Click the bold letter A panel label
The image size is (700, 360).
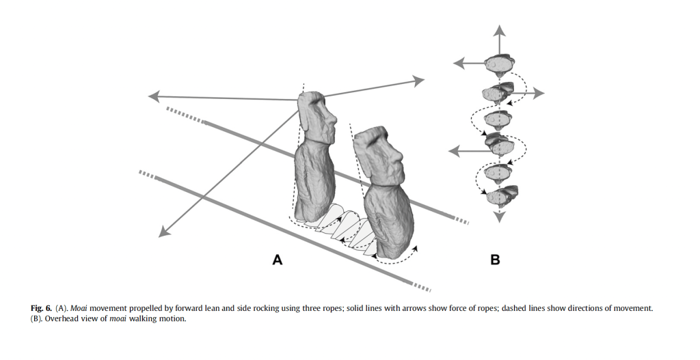point(277,259)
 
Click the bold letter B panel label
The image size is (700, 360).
point(495,260)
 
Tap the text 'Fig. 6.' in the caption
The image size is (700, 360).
point(41,308)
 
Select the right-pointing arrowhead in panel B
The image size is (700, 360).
point(539,92)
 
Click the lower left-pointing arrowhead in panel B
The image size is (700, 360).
point(452,150)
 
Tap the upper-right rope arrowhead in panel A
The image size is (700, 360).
point(418,81)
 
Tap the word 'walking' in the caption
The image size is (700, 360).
point(144,319)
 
